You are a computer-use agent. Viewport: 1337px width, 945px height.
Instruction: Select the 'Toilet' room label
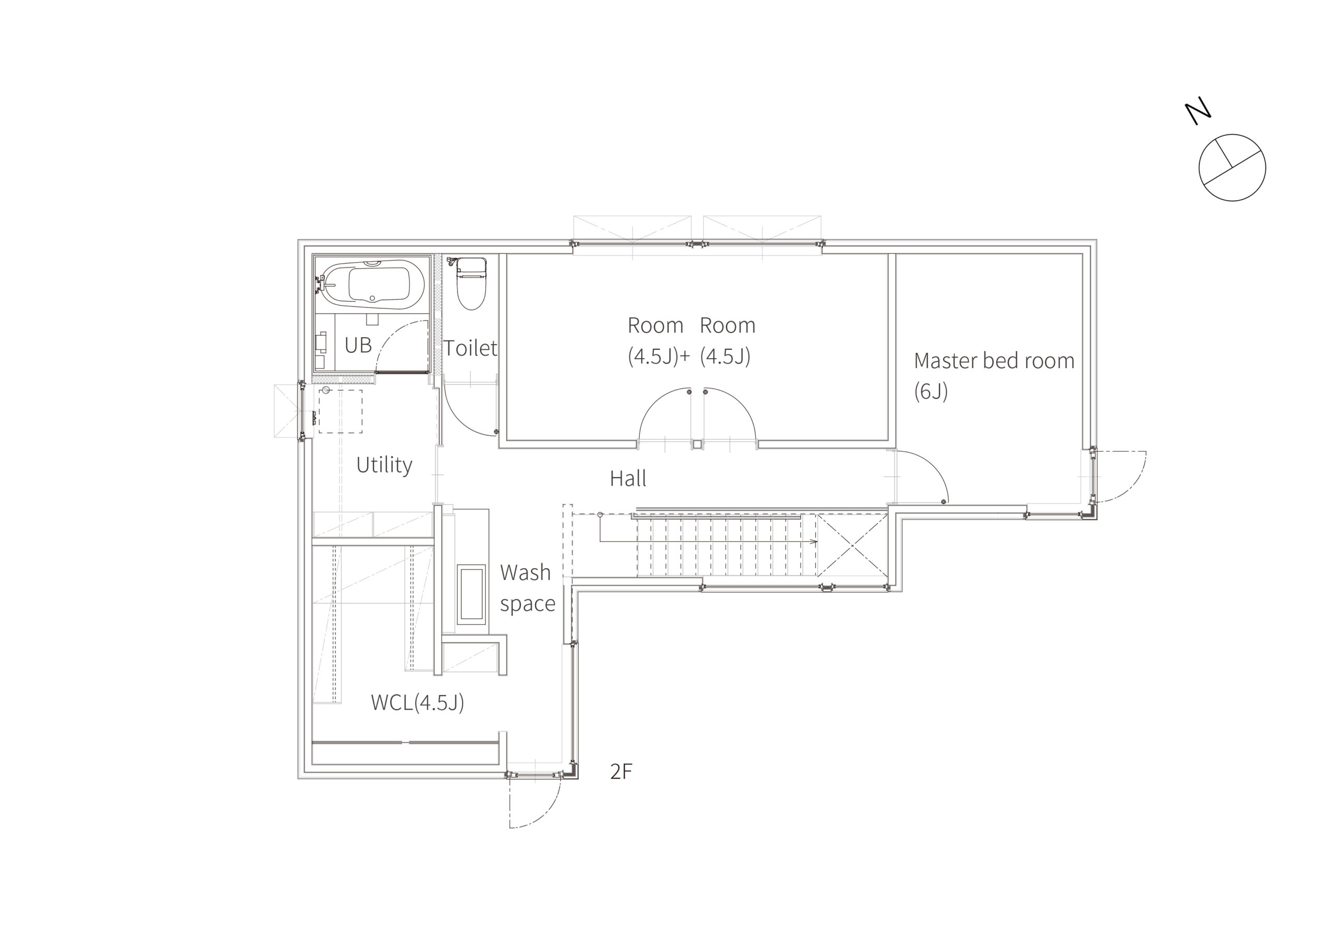coord(471,348)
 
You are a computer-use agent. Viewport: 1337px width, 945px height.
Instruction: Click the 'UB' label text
coord(358,345)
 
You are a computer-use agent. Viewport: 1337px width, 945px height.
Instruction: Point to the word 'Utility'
coord(384,465)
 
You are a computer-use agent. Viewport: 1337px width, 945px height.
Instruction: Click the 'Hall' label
coord(628,479)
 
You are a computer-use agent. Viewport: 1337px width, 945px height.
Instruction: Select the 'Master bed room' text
coord(994,361)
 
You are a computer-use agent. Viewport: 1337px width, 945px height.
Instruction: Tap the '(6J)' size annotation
coord(931,392)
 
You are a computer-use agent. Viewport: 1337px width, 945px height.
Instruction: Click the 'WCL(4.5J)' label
coord(417,703)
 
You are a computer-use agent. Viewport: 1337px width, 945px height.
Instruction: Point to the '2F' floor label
coord(621,772)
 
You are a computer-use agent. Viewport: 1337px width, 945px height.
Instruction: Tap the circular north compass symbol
coord(1232,168)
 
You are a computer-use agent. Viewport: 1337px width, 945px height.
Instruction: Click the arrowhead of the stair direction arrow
coord(815,542)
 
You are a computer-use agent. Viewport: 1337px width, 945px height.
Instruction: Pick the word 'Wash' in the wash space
coord(525,573)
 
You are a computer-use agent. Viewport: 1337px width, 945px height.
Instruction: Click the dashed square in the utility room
coord(341,411)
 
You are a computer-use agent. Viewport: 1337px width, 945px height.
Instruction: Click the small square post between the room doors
coord(697,444)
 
